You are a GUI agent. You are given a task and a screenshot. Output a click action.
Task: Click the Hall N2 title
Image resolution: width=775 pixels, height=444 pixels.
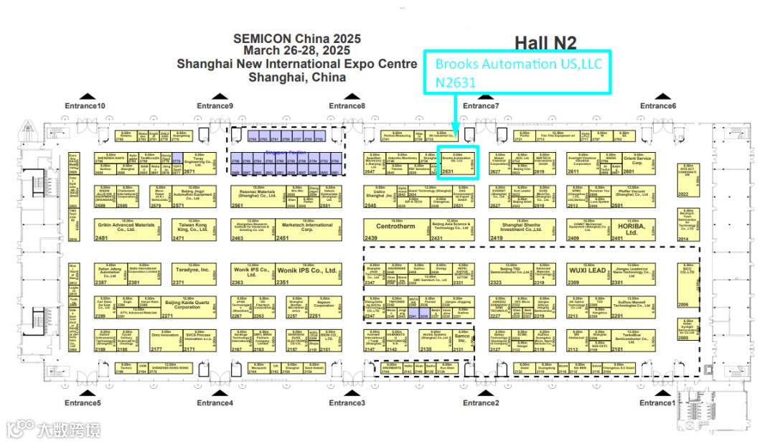click(545, 44)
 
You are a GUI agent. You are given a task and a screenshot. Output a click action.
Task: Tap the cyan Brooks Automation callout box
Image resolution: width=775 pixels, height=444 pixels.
click(518, 72)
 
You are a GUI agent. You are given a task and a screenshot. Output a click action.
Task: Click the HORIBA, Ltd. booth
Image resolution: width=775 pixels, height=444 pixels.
click(617, 229)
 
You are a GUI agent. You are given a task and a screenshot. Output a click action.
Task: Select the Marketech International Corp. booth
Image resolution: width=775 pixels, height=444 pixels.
click(307, 229)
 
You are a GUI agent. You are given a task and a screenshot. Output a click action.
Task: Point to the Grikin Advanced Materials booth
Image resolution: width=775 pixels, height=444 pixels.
click(126, 229)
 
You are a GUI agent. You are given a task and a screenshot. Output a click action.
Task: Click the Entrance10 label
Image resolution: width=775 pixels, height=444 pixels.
click(85, 106)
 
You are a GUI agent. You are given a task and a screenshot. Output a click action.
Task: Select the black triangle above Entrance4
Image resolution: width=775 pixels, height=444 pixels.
click(214, 393)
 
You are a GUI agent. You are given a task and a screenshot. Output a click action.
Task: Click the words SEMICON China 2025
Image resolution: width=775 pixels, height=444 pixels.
click(296, 39)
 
